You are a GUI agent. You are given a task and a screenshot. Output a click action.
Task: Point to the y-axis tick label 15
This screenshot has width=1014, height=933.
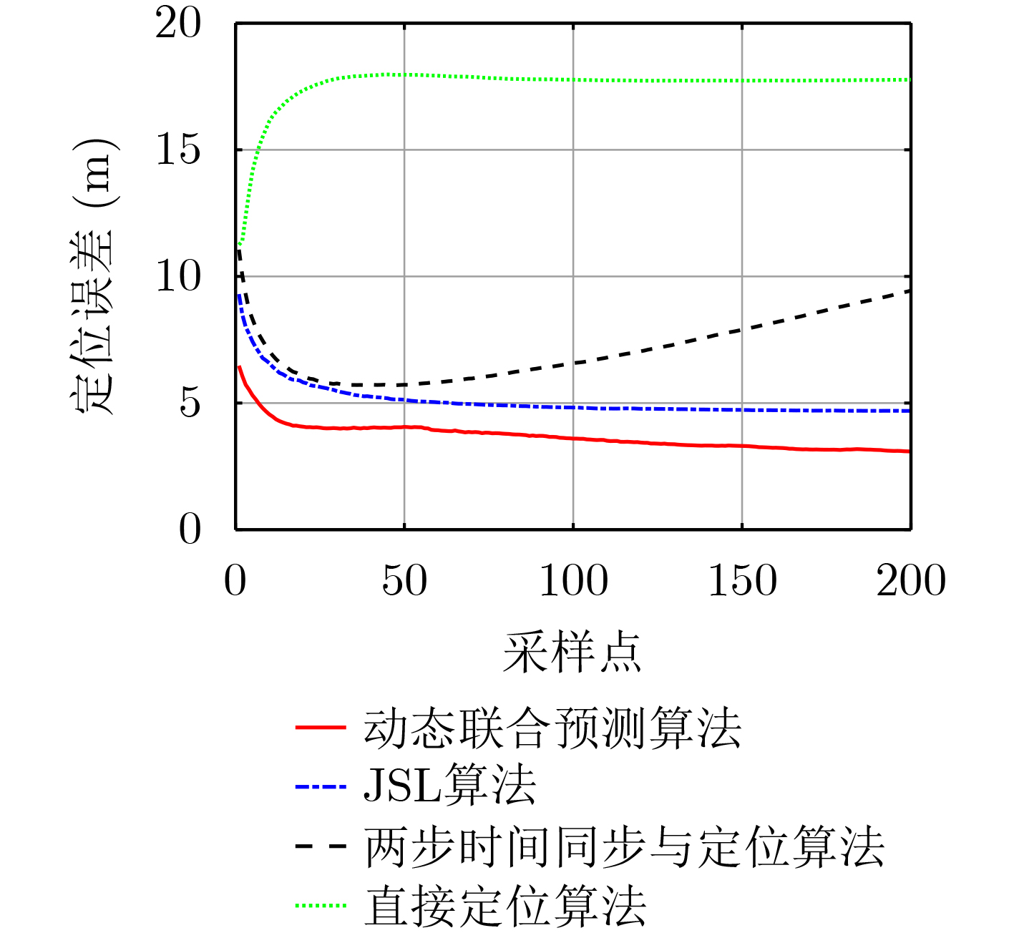tap(179, 150)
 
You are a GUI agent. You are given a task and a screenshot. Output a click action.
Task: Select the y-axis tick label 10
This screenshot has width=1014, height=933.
tap(179, 277)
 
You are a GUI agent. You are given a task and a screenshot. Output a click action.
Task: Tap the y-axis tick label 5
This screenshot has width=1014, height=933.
tap(190, 404)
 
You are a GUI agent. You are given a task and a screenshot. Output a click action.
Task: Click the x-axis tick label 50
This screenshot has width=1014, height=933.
tap(404, 580)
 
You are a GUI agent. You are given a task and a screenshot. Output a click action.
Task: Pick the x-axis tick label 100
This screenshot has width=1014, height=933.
tap(573, 580)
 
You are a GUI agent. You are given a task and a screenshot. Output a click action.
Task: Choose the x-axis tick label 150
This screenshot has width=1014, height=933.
tap(742, 580)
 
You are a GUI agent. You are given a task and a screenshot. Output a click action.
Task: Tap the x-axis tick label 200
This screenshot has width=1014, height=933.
tap(911, 580)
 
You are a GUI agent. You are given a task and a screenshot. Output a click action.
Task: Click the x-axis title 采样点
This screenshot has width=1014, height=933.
tap(572, 653)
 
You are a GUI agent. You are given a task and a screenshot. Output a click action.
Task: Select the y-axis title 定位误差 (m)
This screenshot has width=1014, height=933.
tap(94, 275)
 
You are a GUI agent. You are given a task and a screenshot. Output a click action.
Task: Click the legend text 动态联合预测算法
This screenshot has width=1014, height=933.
tap(552, 728)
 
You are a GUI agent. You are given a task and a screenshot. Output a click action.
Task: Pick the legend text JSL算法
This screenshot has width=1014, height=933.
tap(450, 786)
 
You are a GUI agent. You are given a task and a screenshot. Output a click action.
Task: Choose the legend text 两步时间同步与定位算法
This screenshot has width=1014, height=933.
tap(625, 847)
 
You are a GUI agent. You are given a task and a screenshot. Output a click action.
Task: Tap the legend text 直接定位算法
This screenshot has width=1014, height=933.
tap(505, 906)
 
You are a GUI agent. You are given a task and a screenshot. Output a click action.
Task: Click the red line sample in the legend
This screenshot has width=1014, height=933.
tap(321, 728)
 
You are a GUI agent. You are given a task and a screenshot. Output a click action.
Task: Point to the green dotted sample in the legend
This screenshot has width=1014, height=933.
tap(321, 906)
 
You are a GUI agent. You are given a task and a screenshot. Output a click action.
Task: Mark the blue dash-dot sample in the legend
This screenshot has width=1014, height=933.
tap(321, 787)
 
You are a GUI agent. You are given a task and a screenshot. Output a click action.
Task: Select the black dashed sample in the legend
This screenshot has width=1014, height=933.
tap(321, 846)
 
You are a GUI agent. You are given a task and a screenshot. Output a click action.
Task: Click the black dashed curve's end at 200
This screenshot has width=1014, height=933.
tap(909, 290)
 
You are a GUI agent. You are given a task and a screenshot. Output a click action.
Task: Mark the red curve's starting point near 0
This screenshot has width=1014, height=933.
tap(239, 367)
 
